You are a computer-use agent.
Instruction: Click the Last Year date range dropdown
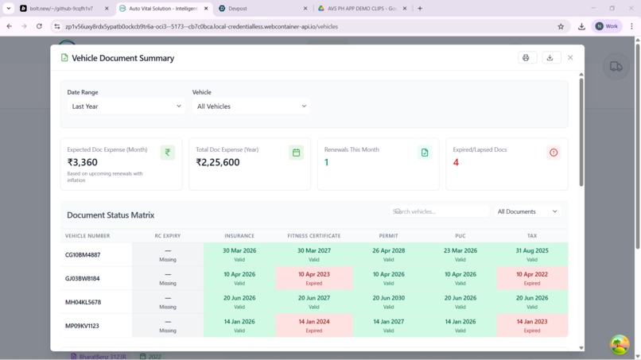coord(126,106)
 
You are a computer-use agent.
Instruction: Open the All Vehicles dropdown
coord(251,106)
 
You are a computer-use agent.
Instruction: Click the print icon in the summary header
coord(526,58)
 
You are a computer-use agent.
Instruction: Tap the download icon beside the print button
coord(550,58)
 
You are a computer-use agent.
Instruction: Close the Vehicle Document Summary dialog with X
coord(570,58)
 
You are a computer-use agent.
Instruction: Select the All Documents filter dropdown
coord(528,211)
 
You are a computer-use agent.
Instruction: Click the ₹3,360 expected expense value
coord(83,162)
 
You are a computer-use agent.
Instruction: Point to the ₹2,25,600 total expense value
coord(218,162)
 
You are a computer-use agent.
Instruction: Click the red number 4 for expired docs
coord(456,162)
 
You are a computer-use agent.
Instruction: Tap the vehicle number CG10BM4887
coord(83,255)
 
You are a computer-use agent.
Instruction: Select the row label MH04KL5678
coord(83,303)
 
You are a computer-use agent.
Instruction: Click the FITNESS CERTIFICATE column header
coord(313,236)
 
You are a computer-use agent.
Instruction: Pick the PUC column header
coord(460,236)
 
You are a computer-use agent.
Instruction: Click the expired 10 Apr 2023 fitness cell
coord(313,278)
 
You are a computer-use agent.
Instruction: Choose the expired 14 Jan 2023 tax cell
coord(531,326)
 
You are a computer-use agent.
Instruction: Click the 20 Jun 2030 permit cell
coord(388,302)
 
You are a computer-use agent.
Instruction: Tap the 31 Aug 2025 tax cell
coord(531,254)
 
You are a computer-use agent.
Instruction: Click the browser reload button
coord(39,26)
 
